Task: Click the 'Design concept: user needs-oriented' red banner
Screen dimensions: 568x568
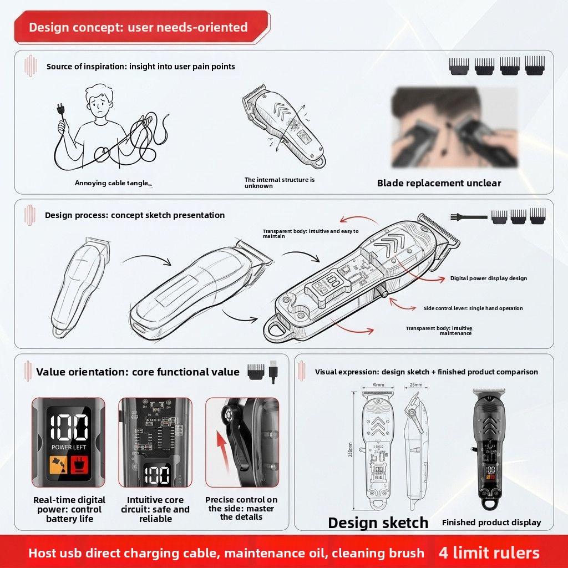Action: point(139,27)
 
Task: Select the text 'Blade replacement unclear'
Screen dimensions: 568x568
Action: point(439,183)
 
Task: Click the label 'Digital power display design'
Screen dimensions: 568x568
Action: point(488,278)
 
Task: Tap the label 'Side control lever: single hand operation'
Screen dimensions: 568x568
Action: point(473,308)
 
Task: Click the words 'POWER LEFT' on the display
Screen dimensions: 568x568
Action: point(68,447)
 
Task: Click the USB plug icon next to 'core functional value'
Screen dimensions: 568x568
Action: point(272,371)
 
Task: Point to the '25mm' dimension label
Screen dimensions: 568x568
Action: point(415,384)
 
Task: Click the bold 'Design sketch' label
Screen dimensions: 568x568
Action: point(378,523)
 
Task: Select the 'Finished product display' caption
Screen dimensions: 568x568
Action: point(491,523)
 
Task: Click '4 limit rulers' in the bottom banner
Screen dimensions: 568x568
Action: point(489,552)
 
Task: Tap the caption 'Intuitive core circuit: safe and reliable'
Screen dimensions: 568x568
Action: point(155,509)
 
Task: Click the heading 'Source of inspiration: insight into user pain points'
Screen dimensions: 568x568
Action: point(141,67)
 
